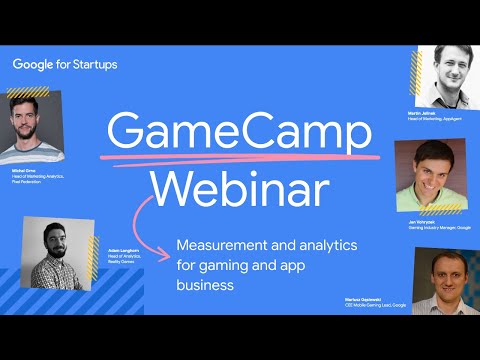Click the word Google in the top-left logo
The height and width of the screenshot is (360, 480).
(37, 64)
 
